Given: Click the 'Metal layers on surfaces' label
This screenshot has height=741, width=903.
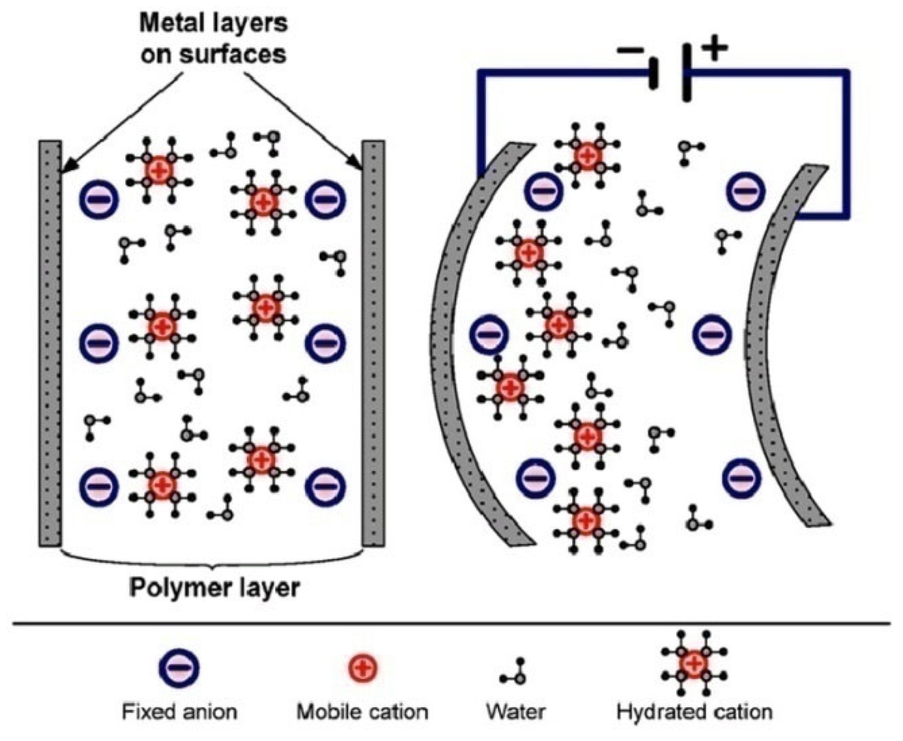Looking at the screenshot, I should [213, 39].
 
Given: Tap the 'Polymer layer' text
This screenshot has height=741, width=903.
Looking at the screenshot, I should [214, 588].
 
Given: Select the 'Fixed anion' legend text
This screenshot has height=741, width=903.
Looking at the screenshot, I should [180, 712].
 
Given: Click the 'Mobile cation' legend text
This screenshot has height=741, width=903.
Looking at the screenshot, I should [362, 712].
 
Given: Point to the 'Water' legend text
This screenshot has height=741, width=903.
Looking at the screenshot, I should [516, 712].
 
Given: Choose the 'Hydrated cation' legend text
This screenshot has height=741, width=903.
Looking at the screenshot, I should [694, 712].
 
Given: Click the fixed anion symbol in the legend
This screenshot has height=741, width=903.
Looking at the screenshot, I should [179, 668].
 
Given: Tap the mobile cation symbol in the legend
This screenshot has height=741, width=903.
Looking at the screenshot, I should [362, 668].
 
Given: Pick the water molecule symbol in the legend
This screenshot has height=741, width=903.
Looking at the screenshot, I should [515, 674].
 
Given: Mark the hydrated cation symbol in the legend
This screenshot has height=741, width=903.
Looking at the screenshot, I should [694, 663].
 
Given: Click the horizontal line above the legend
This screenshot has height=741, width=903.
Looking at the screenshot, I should [451, 622].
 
